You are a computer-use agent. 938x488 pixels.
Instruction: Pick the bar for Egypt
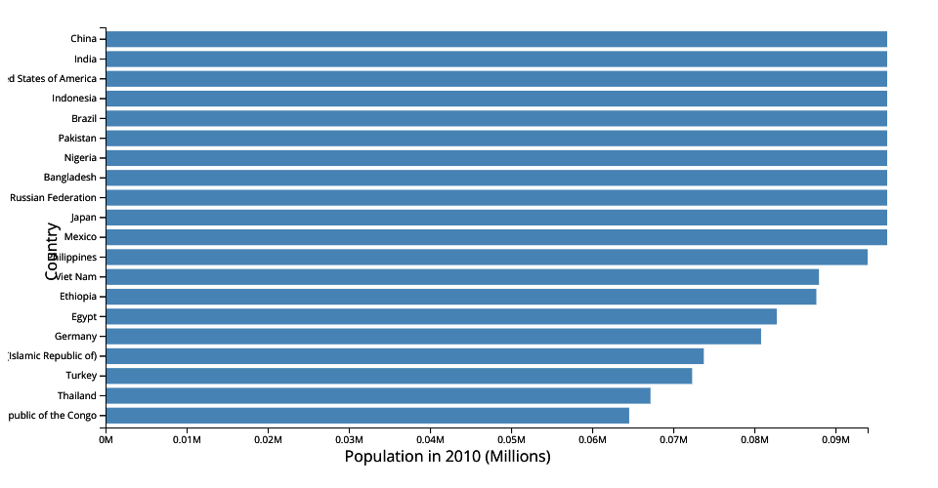[x=441, y=316]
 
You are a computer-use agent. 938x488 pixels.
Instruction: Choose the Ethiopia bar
[x=460, y=297]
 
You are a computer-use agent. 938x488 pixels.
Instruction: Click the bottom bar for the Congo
[x=367, y=416]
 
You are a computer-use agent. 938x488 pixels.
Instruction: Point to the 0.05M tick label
[x=511, y=440]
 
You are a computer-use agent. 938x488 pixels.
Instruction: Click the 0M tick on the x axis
[x=106, y=440]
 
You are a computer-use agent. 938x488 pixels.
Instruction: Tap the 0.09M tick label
[x=835, y=440]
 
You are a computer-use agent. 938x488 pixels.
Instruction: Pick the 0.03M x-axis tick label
[x=349, y=440]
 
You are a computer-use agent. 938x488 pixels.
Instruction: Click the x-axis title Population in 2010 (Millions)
[x=448, y=457]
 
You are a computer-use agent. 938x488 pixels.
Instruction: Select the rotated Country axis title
[x=52, y=251]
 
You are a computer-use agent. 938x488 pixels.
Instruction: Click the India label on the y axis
[x=85, y=59]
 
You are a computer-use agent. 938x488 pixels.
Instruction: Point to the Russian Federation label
[x=53, y=197]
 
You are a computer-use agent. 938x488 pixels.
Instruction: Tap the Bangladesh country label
[x=69, y=178]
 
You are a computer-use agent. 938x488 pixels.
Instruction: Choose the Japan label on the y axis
[x=84, y=217]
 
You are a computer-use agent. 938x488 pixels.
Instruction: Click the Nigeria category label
[x=80, y=157]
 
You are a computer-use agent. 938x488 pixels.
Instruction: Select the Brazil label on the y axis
[x=84, y=118]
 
